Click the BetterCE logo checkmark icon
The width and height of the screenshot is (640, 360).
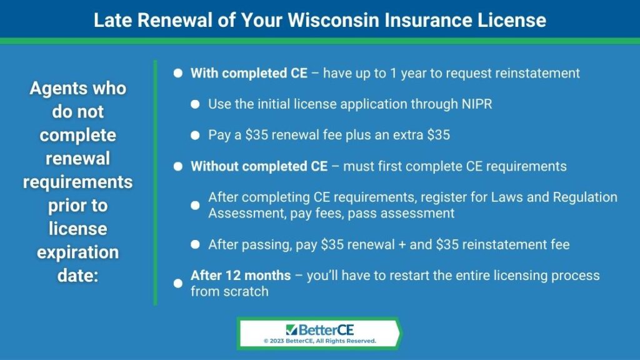pos(291,329)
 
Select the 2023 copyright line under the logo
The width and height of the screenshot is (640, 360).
pos(319,341)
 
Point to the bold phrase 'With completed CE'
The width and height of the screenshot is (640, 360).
pos(249,73)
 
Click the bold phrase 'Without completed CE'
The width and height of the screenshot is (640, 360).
pos(259,166)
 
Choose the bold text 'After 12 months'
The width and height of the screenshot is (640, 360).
pos(241,276)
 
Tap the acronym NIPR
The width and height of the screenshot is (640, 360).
pos(477,104)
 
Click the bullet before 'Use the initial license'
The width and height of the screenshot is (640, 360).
pos(195,104)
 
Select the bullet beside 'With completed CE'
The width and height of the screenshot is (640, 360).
pos(178,73)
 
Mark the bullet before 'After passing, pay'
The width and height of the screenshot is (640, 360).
pos(195,244)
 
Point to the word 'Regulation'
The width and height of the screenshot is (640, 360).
pos(585,197)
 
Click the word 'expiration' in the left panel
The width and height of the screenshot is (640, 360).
pos(77,252)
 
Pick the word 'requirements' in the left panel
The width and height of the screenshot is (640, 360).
pos(77,182)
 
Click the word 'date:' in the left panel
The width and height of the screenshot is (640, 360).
pos(77,276)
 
